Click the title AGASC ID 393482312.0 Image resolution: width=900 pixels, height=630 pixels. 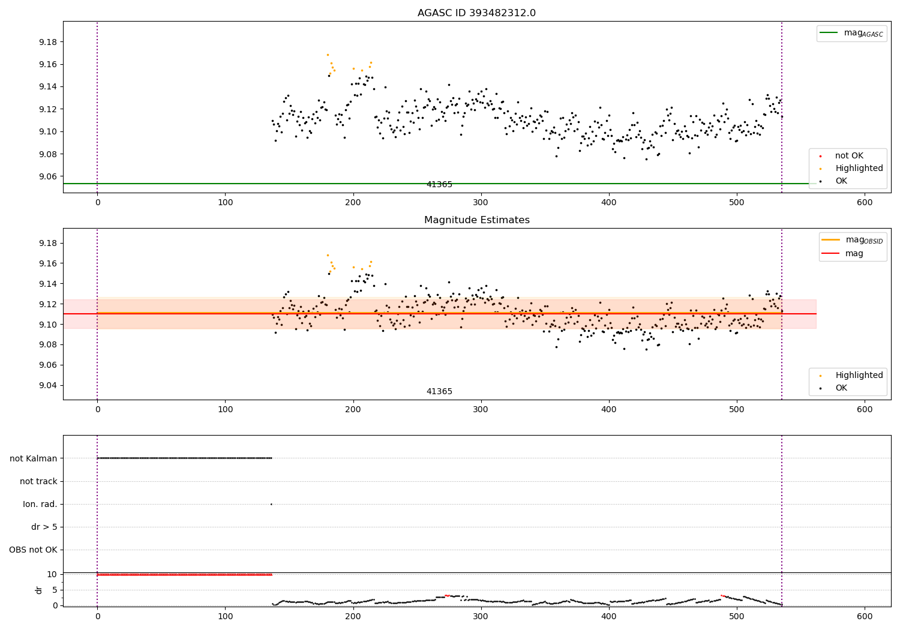coord(476,13)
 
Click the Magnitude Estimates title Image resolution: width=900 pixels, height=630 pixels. coord(477,220)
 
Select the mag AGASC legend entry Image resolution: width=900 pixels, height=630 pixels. coord(851,33)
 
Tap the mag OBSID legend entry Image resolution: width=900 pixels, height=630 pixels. coord(852,240)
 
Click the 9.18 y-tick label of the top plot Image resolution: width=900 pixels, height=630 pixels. coord(48,42)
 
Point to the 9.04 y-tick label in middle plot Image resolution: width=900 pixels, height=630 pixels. coord(48,385)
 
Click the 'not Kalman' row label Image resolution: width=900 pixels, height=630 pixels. coord(34,458)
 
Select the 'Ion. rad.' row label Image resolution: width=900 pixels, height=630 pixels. coord(40,504)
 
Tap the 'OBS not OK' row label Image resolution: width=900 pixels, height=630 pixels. coord(33,550)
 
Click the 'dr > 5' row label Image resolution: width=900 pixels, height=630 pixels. coord(44,527)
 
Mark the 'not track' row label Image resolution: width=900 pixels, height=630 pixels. coord(38,481)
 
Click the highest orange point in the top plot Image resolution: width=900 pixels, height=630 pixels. coord(328,55)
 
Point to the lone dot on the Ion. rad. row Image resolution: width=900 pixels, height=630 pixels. coord(271,504)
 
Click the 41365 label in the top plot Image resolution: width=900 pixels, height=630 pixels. coord(439,184)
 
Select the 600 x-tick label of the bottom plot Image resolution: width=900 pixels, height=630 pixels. coord(864,616)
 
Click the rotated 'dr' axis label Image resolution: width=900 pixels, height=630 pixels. coord(38,590)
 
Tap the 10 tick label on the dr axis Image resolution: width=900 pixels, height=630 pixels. coord(52,574)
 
